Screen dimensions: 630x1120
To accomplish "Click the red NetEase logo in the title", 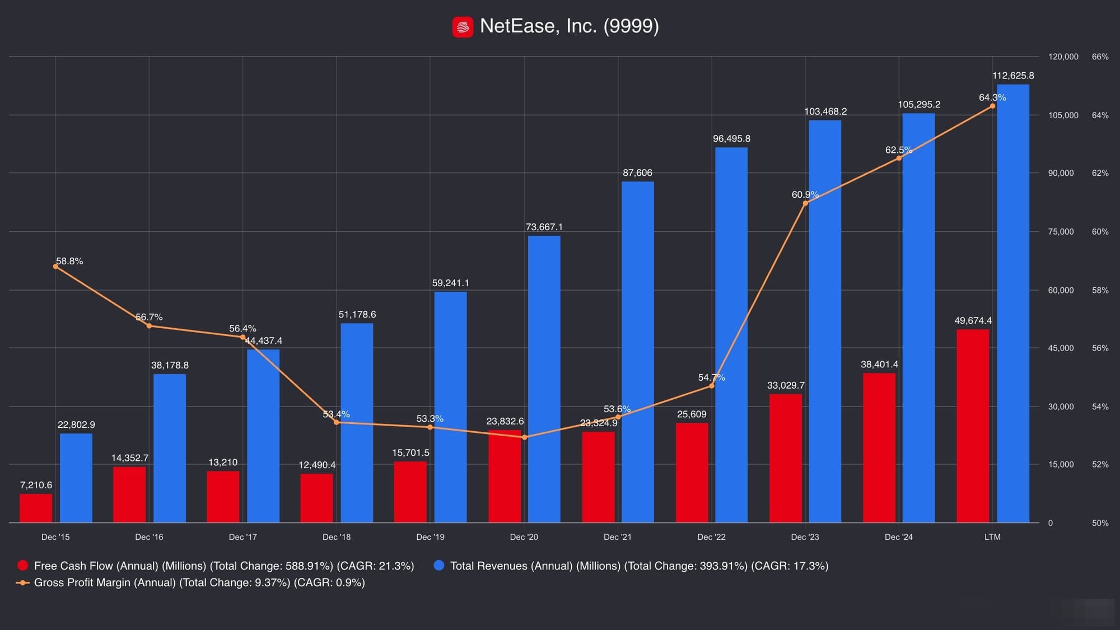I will tap(463, 27).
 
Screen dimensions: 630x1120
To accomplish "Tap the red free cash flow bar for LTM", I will tap(973, 426).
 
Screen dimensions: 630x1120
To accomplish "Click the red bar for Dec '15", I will tap(36, 508).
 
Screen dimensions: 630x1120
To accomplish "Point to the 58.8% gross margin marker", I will tap(55, 267).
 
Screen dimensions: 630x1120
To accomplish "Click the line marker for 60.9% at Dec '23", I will tap(805, 203).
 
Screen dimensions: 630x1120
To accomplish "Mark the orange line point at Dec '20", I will tap(524, 437).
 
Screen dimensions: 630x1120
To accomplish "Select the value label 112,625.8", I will tap(1012, 76).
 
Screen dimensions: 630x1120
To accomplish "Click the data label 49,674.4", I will tap(973, 321).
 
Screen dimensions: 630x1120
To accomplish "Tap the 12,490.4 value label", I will tap(317, 465).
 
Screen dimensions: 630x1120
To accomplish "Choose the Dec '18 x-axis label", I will tap(337, 537).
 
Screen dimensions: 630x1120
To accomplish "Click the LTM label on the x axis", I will tap(992, 537).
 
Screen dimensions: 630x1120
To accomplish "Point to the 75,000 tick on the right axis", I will tap(1061, 232).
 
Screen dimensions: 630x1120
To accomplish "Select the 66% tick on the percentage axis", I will tap(1100, 57).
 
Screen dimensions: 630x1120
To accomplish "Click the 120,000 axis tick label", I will tap(1063, 57).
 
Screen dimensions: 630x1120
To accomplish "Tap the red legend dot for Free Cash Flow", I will tap(23, 566).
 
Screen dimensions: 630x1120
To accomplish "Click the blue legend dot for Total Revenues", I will tap(439, 566).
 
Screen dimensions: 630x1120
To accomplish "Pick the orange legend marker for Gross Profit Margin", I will tap(23, 583).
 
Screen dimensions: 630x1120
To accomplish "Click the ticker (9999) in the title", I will tap(631, 26).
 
